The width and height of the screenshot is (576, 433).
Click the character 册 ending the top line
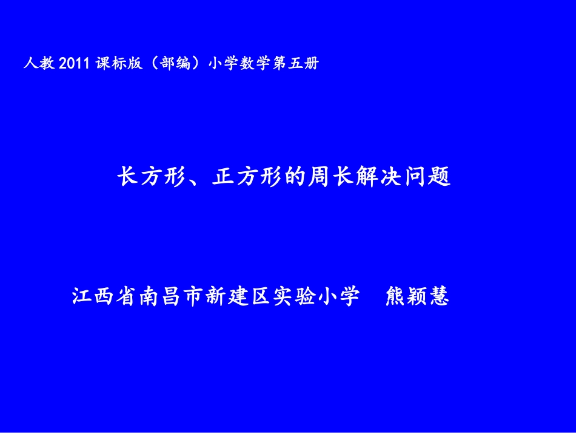(x=310, y=63)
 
